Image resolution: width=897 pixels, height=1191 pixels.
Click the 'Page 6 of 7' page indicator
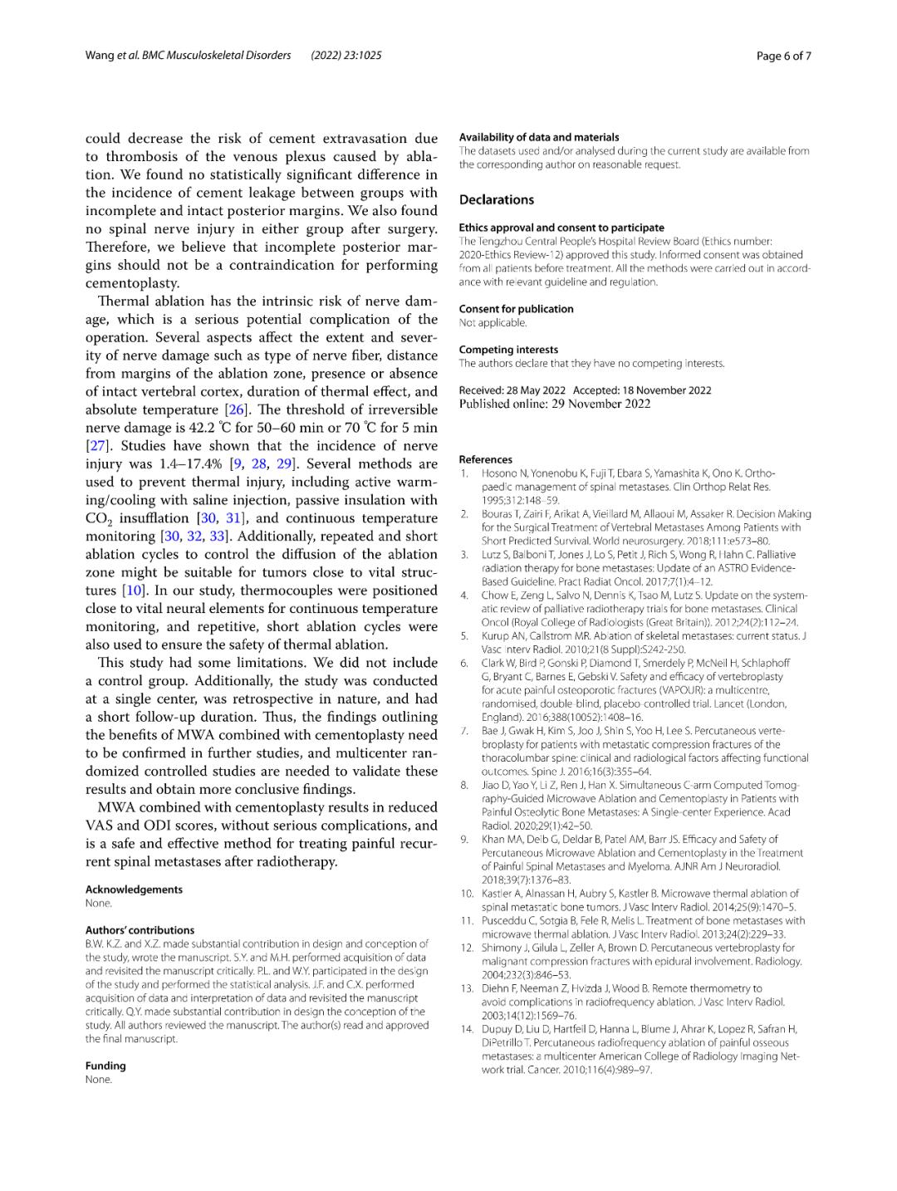point(783,56)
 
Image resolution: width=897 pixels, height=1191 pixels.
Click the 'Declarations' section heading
point(497,199)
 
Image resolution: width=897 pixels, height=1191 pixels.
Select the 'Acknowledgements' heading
point(134,890)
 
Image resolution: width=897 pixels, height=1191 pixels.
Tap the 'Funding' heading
point(105,1066)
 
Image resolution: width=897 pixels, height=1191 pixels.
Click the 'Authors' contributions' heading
point(140,930)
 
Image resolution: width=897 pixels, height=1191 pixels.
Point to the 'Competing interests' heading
point(508,350)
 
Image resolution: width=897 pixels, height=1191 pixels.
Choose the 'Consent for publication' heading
point(516,309)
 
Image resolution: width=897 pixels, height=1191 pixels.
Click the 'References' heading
point(486,459)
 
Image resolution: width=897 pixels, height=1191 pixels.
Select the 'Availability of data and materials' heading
point(539,137)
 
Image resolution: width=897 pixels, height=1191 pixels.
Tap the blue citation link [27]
point(98,446)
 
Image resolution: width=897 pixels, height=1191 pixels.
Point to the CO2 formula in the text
point(98,519)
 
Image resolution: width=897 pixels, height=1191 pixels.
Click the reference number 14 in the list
point(466,1029)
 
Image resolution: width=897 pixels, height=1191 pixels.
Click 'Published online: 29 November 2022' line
point(555,404)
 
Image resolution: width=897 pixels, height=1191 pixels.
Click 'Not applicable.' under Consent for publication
point(493,322)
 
